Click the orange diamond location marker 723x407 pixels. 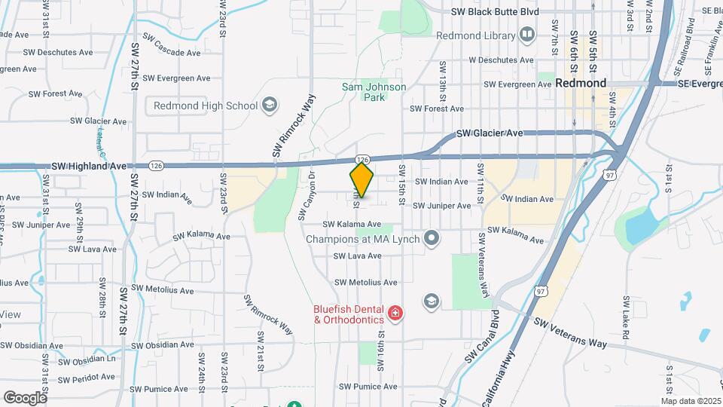(x=362, y=180)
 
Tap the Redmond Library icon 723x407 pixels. (x=527, y=35)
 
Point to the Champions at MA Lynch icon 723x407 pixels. (x=432, y=240)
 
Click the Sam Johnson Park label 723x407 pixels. (x=374, y=92)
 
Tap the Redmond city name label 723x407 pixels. (x=581, y=84)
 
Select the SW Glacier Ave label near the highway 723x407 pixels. (x=490, y=133)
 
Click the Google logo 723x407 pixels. (x=25, y=397)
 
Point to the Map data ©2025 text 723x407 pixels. (x=689, y=401)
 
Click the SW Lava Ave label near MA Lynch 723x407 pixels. (x=357, y=256)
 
